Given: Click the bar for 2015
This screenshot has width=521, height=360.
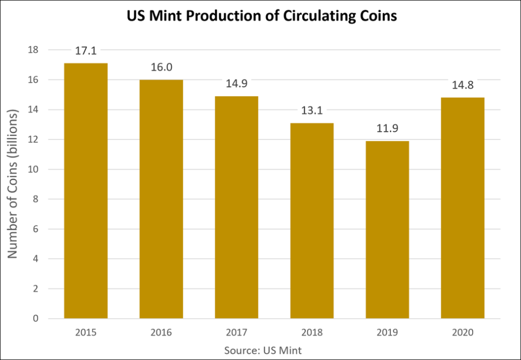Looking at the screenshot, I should coord(85,191).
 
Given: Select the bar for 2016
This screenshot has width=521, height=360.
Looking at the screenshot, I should coord(161,199).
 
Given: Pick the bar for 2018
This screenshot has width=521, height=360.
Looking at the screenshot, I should coord(312,220).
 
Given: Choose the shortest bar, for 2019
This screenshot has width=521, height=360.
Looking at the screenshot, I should coord(387,230).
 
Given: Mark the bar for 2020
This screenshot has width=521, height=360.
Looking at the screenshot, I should coord(462,208).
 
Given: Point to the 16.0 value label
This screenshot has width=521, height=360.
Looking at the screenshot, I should coord(161,67).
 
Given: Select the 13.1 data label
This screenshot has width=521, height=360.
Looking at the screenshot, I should coord(312,110).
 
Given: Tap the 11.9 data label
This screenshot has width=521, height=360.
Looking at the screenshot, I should coord(387,128).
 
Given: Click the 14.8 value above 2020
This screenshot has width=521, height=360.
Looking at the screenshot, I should coord(462,85).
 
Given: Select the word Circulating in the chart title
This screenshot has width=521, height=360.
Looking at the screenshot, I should coord(314,17).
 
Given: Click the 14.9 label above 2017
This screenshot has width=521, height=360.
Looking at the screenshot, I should coord(237,84).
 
